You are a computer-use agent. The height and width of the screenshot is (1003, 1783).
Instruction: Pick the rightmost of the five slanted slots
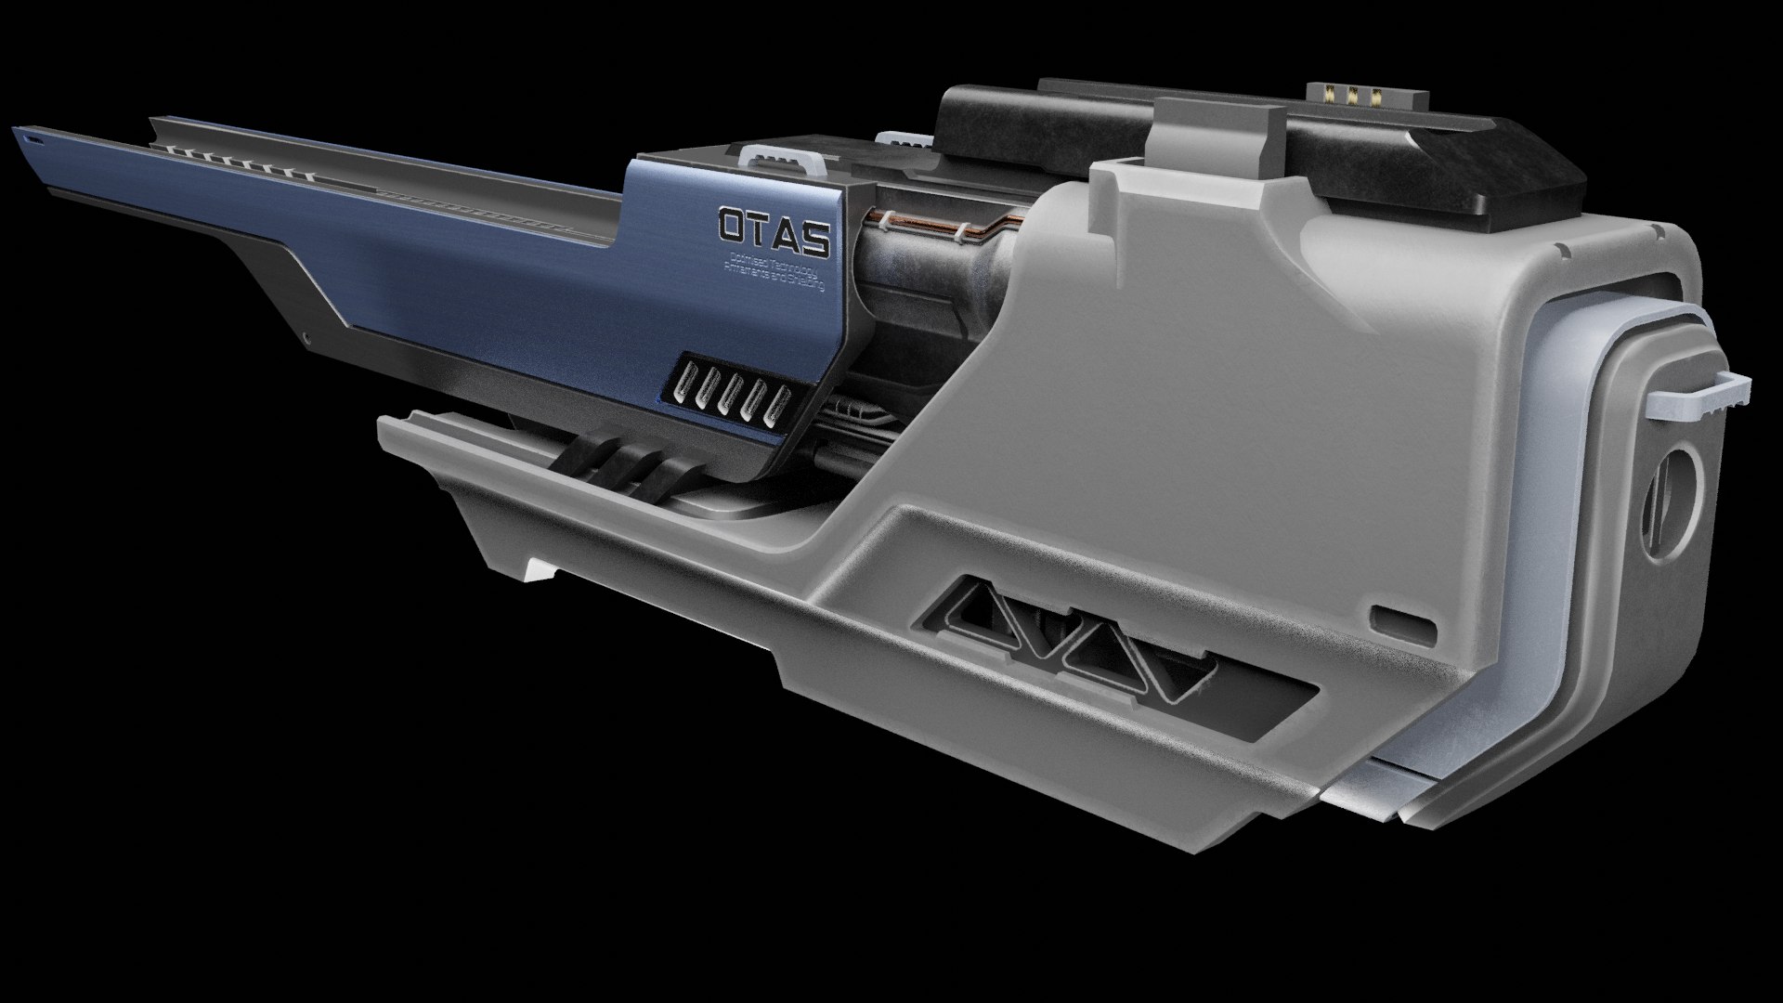click(779, 408)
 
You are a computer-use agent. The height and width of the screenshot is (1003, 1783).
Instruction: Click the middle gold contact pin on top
click(1355, 96)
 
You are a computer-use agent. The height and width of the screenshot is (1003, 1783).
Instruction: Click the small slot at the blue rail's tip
click(34, 140)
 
